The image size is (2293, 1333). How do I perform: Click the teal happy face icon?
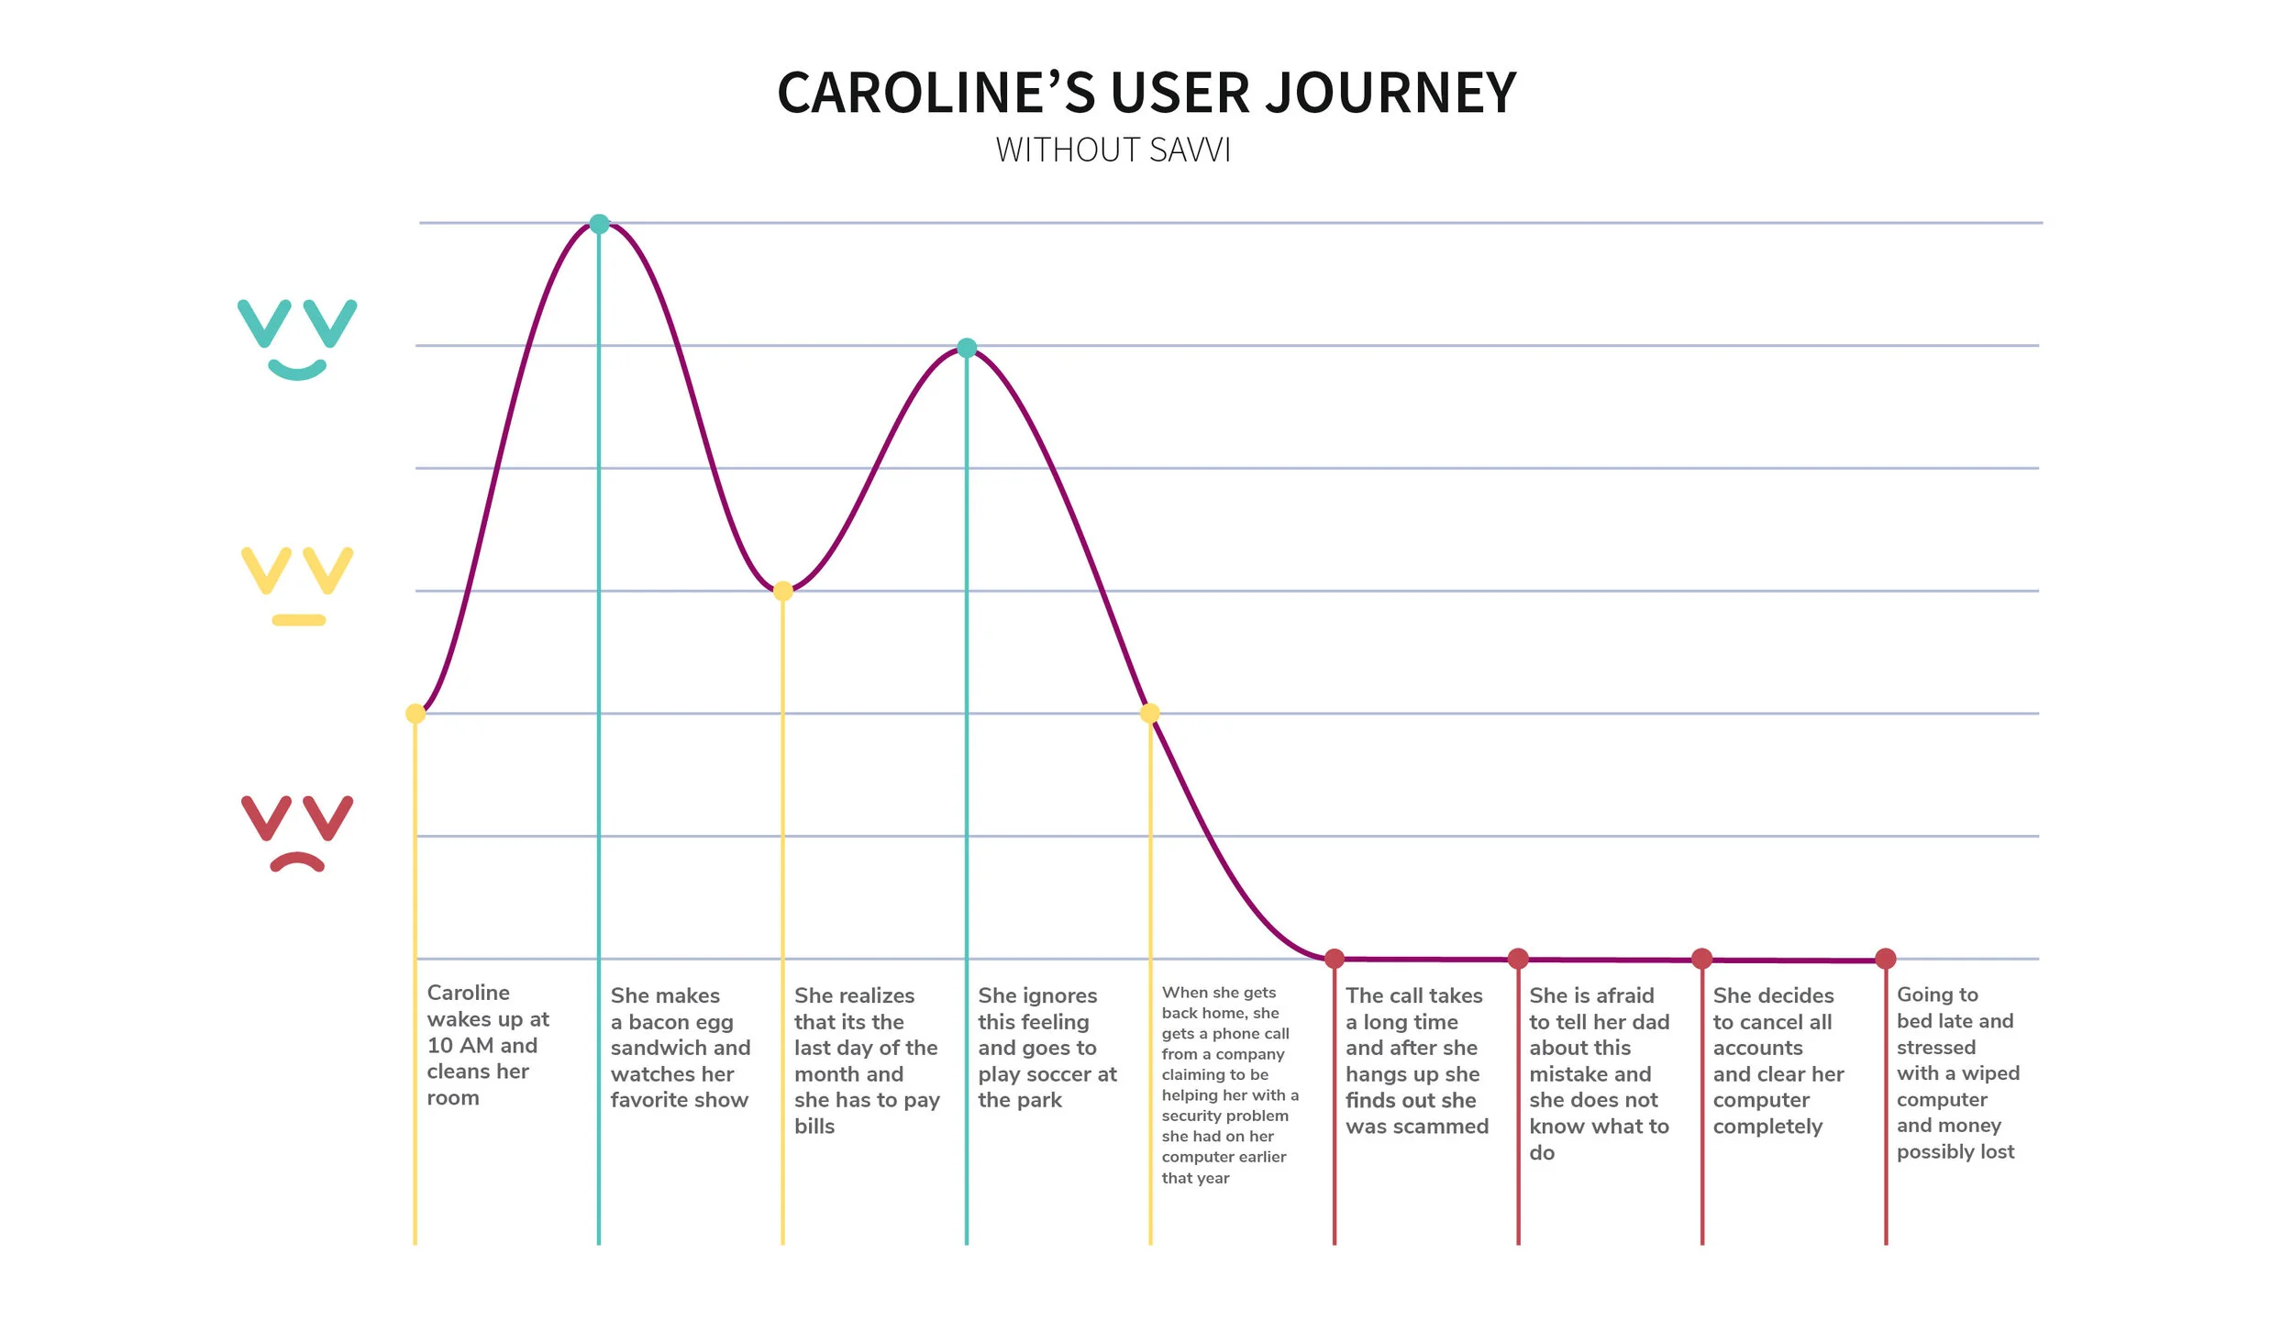point(296,338)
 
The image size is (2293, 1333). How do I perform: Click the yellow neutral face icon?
point(296,585)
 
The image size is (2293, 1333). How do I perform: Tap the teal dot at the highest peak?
point(599,224)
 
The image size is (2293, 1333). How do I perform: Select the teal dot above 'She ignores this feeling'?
point(967,348)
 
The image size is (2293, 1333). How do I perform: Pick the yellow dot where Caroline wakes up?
point(415,714)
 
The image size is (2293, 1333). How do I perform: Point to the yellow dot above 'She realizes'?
point(782,591)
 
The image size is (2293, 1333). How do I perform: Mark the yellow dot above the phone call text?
point(1150,713)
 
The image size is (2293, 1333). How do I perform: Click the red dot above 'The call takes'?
point(1335,959)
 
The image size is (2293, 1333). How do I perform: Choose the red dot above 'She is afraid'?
point(1518,959)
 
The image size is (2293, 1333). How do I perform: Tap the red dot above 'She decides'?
point(1702,959)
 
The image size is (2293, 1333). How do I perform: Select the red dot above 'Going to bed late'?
point(1886,959)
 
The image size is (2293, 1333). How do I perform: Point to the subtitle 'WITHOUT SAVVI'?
point(1113,150)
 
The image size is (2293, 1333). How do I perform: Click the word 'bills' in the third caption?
point(814,1127)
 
